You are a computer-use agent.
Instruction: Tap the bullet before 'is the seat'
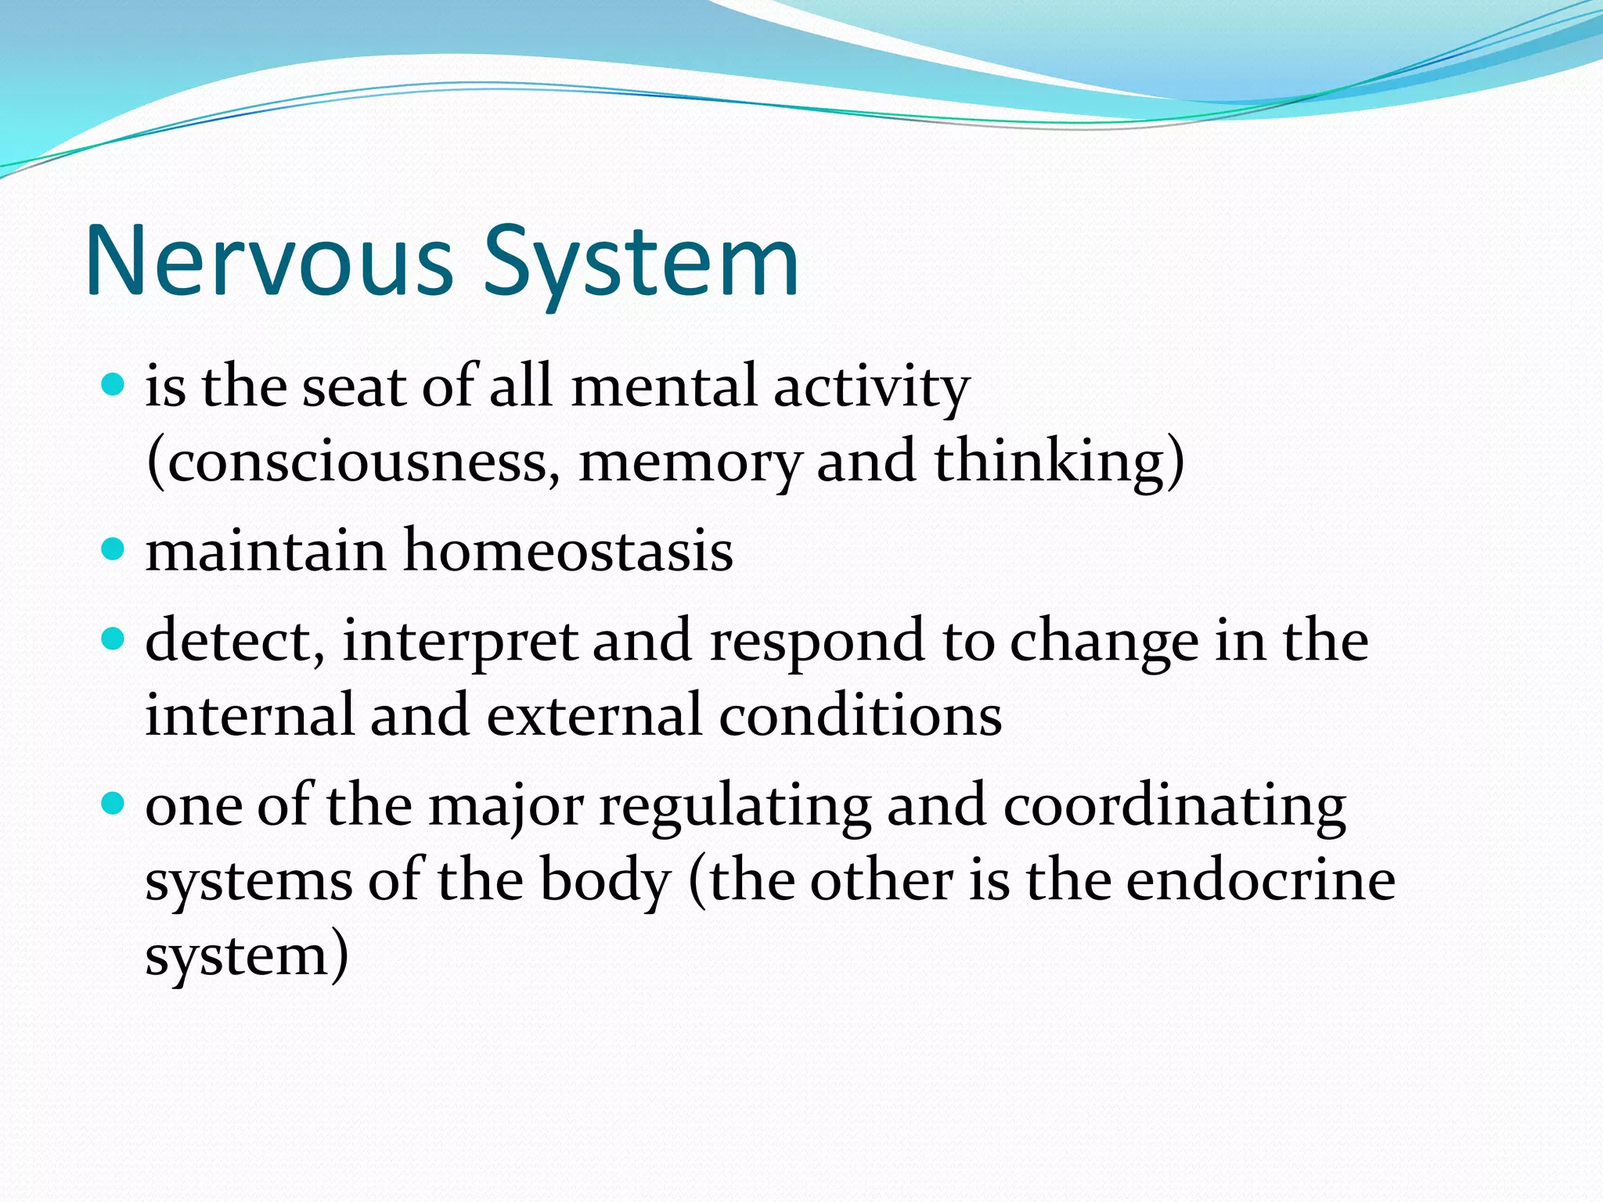point(114,384)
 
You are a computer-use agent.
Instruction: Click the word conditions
point(860,715)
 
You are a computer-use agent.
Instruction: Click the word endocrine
point(1260,880)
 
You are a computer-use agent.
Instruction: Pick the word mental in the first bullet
point(664,387)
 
